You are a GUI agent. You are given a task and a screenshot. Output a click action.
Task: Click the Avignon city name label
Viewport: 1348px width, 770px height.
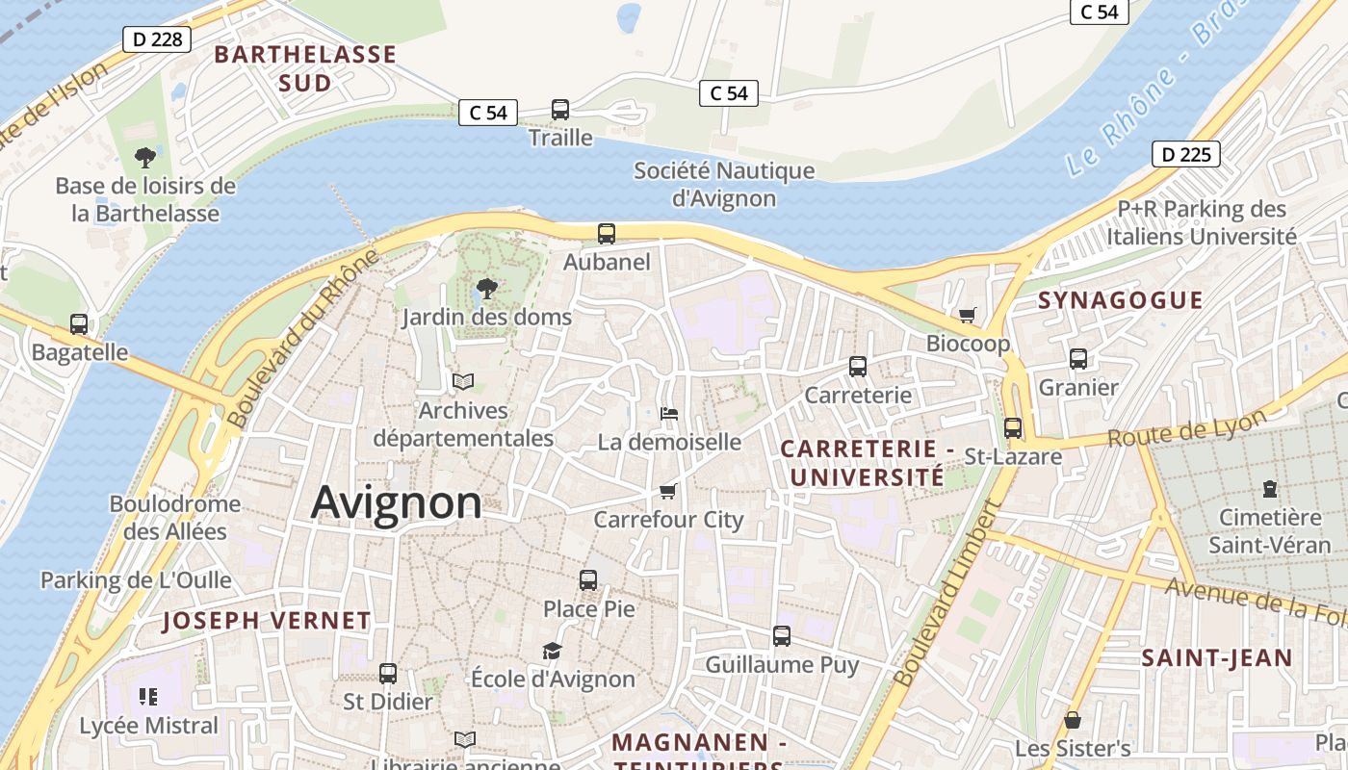pos(397,502)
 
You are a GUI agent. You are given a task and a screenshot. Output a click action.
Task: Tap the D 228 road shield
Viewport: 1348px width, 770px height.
pos(156,39)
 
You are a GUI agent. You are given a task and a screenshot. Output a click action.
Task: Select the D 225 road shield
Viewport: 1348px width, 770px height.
pos(1185,154)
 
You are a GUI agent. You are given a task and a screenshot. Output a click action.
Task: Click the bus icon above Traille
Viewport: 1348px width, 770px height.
pos(560,110)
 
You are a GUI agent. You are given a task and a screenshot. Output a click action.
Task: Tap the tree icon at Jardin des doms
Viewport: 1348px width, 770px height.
pos(487,288)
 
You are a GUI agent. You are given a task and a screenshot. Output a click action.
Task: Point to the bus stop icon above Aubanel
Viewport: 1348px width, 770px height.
pos(606,234)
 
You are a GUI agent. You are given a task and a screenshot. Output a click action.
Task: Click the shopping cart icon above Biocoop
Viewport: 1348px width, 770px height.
pos(968,316)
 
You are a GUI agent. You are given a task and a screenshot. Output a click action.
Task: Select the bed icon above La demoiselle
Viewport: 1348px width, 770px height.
pos(669,414)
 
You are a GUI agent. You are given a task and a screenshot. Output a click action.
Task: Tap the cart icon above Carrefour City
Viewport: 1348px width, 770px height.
pos(668,492)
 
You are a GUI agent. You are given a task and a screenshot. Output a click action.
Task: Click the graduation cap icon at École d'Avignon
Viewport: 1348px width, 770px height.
pos(552,652)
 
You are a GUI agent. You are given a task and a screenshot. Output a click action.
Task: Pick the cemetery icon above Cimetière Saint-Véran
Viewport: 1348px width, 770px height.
pos(1270,489)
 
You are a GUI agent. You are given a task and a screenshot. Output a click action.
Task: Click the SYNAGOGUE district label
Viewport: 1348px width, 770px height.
pos(1120,300)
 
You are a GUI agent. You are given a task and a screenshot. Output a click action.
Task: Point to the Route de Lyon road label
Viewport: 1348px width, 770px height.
pos(1186,430)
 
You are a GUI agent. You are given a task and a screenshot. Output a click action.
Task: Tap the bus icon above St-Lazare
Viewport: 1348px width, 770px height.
pos(1013,428)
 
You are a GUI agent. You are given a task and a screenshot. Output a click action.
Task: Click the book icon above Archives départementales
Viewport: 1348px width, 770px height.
pos(463,382)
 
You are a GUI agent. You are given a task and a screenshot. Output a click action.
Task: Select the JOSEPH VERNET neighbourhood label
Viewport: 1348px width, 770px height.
pos(266,621)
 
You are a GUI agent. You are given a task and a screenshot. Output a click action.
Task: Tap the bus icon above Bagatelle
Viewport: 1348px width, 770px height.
pos(79,324)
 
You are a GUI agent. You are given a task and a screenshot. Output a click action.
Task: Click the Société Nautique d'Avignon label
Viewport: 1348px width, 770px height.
pos(723,185)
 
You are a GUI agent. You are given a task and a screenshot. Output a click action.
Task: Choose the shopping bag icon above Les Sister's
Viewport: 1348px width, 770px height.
pos(1072,720)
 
